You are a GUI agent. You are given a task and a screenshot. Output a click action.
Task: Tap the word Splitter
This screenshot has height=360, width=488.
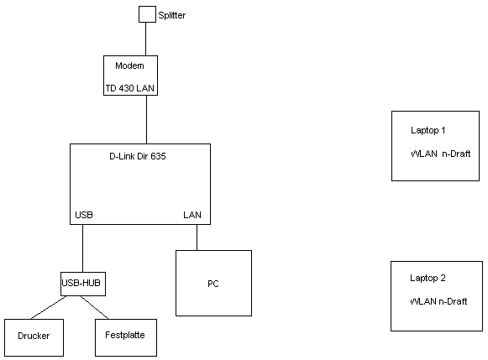172,15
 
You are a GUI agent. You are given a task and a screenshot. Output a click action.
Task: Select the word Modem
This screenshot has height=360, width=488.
129,65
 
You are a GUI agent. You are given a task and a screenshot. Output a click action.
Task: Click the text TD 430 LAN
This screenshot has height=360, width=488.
130,88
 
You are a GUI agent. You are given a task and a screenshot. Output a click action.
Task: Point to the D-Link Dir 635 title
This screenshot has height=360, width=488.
138,156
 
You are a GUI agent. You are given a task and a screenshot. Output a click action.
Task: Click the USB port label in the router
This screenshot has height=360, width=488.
84,215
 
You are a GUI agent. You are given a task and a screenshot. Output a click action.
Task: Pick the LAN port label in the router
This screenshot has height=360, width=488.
192,215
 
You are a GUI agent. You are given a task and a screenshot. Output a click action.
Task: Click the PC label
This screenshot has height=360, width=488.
213,284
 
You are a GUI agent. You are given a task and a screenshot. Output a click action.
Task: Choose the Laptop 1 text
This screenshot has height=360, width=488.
428,130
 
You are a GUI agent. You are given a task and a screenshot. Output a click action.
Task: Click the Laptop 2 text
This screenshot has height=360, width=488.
428,278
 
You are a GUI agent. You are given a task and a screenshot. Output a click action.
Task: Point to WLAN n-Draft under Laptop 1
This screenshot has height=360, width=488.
440,154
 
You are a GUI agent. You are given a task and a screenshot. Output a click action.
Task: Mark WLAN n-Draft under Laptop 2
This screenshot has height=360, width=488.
438,301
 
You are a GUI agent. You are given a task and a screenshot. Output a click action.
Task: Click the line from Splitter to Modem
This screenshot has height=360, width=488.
145,39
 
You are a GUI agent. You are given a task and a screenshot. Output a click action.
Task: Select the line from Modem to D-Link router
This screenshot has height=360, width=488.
147,119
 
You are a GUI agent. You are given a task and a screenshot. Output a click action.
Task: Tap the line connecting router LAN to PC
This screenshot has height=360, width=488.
197,237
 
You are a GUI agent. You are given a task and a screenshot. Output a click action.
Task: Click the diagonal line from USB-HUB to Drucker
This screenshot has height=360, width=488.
49,307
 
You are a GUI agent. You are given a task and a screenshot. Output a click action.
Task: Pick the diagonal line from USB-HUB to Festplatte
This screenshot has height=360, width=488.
95,307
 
